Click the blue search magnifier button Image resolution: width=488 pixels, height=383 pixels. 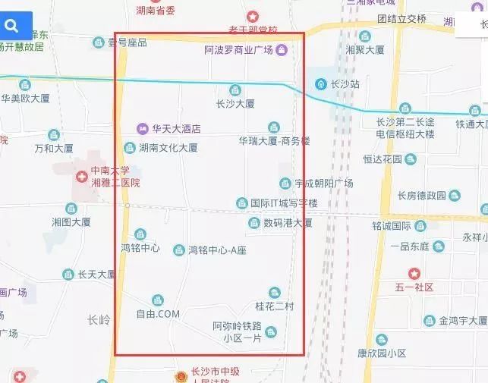point(12,27)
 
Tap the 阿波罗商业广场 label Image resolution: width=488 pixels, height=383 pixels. point(238,51)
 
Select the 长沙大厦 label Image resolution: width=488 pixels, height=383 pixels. point(235,103)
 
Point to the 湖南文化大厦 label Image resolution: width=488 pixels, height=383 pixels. point(168,148)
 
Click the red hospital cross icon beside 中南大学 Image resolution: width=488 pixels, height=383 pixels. point(80,176)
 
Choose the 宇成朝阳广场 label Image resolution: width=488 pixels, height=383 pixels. point(324,184)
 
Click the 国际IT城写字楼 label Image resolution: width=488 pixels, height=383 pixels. point(284,203)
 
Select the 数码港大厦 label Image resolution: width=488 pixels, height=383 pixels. point(288,223)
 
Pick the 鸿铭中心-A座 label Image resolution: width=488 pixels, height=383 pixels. point(217,250)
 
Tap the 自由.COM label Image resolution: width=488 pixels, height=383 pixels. point(158,313)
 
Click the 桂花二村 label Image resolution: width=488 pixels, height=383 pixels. point(274,306)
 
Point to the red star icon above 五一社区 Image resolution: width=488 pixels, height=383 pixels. point(414,273)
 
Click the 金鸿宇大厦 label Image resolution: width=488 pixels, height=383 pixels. point(461,321)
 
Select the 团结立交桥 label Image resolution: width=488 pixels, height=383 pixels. point(401,19)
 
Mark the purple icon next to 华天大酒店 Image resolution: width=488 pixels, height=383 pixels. point(142,129)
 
